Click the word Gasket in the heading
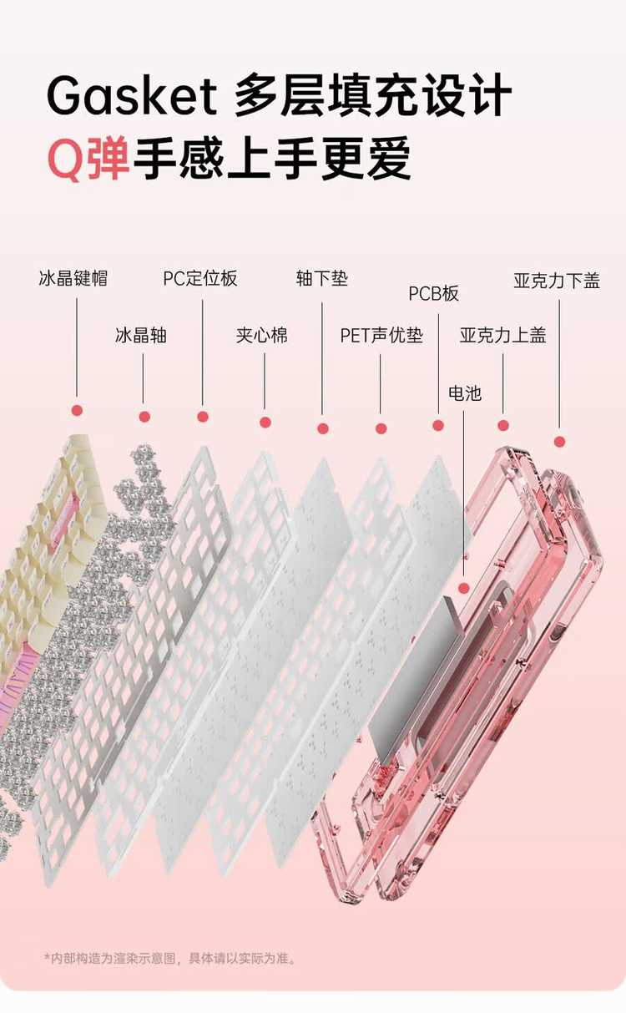point(132,96)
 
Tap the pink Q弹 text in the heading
point(88,159)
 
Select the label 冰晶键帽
point(73,278)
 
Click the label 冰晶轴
point(141,335)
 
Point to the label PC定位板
point(200,278)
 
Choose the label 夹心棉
point(262,335)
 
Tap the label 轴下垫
point(322,278)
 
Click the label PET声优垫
point(381,335)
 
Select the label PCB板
point(433,293)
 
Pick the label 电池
point(465,393)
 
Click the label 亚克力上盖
point(503,335)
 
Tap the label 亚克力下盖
point(557,281)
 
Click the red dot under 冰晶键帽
point(78,411)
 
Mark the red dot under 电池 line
point(464,588)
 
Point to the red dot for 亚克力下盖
point(559,442)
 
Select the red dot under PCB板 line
point(438,425)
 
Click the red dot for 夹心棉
point(265,422)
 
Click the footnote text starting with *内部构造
point(170,958)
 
